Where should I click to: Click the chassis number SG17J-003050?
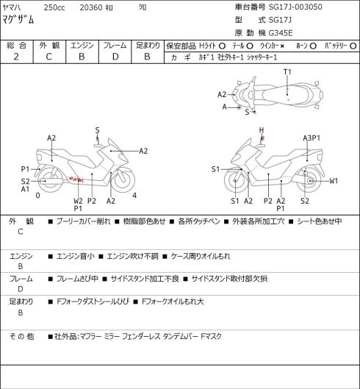tap(295, 7)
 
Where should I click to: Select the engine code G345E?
tap(281, 33)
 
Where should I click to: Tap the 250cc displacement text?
tap(54, 7)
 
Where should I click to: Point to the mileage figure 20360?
tap(91, 7)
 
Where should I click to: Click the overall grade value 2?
tap(16, 57)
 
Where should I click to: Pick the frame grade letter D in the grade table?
tap(115, 57)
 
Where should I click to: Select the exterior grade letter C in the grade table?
tap(48, 57)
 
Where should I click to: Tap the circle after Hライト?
tap(222, 46)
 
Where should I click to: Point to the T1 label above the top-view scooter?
tap(287, 72)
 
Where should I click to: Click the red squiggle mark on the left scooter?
tap(76, 179)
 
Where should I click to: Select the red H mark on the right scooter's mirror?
tap(262, 138)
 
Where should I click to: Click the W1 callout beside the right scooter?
tap(334, 181)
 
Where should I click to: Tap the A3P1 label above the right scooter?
tap(312, 138)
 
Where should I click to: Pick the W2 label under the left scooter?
tap(78, 201)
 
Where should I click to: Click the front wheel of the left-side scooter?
tap(123, 180)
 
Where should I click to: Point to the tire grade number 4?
tap(134, 196)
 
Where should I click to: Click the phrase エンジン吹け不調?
tap(132, 256)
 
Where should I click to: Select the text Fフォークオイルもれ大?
tap(173, 301)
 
